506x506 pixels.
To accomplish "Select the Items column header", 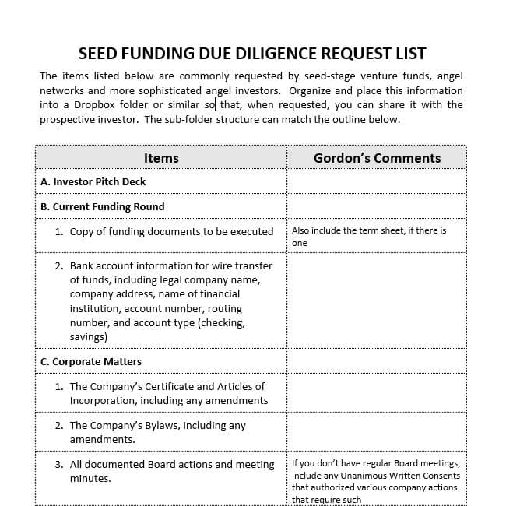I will [x=161, y=158].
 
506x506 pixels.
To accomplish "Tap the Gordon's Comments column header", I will [x=377, y=158].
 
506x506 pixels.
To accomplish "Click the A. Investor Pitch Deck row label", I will [x=93, y=181].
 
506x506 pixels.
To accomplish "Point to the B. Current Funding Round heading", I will [x=103, y=206].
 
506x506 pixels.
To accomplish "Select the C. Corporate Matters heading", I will [x=91, y=361].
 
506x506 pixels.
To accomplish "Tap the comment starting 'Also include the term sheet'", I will [x=369, y=230].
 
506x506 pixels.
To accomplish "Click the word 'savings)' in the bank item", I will [x=89, y=336].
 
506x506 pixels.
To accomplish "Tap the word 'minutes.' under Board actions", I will [x=90, y=478].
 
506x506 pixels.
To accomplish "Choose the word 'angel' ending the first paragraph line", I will [x=449, y=76].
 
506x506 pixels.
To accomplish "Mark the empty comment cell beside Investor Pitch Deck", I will [x=377, y=181].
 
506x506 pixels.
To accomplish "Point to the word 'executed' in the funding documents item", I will [x=253, y=231].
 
